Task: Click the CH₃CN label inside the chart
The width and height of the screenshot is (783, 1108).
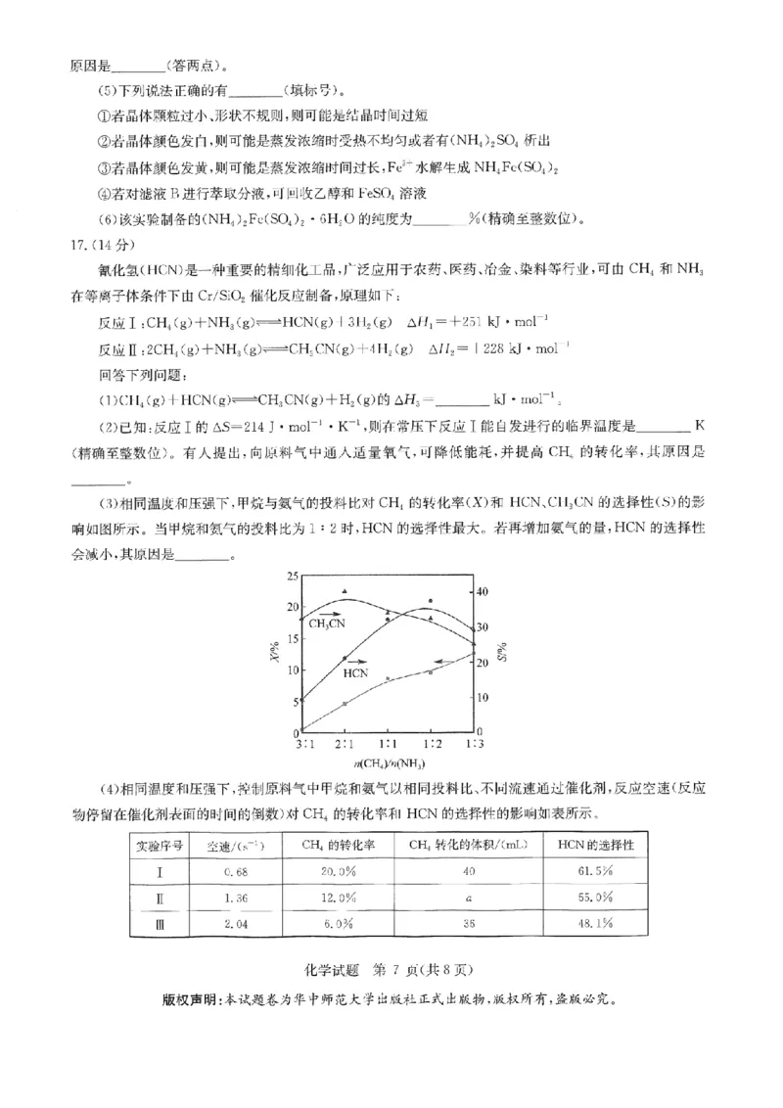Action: point(327,623)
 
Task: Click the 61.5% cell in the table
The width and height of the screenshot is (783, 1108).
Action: point(599,870)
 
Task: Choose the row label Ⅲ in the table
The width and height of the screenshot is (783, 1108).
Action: point(161,921)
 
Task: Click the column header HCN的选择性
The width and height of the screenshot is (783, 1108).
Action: point(598,844)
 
